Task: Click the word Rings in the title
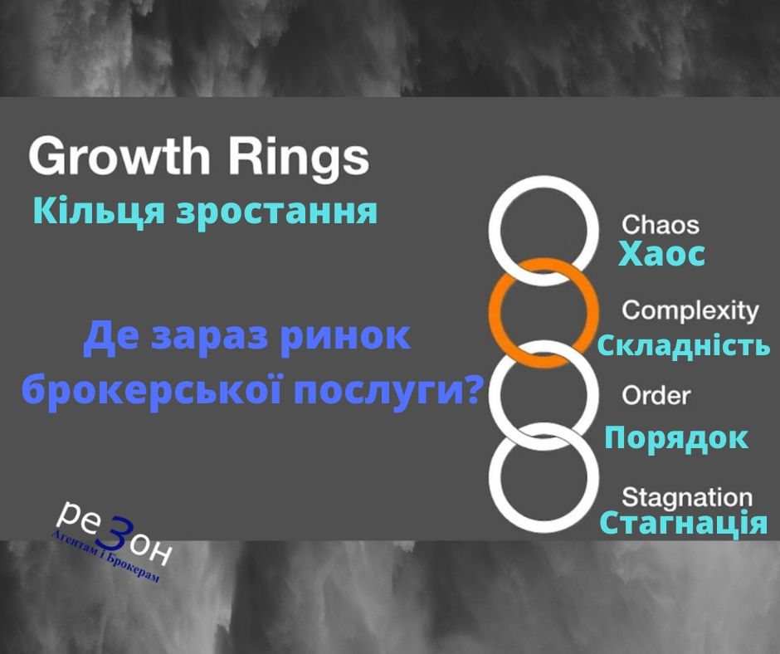[299, 157]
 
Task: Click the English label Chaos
[661, 224]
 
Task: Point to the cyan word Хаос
[661, 254]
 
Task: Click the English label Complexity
[690, 311]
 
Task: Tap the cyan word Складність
[684, 345]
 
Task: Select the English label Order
[656, 396]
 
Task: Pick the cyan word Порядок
[676, 439]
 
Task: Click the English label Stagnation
[687, 498]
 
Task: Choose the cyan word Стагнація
[684, 523]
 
